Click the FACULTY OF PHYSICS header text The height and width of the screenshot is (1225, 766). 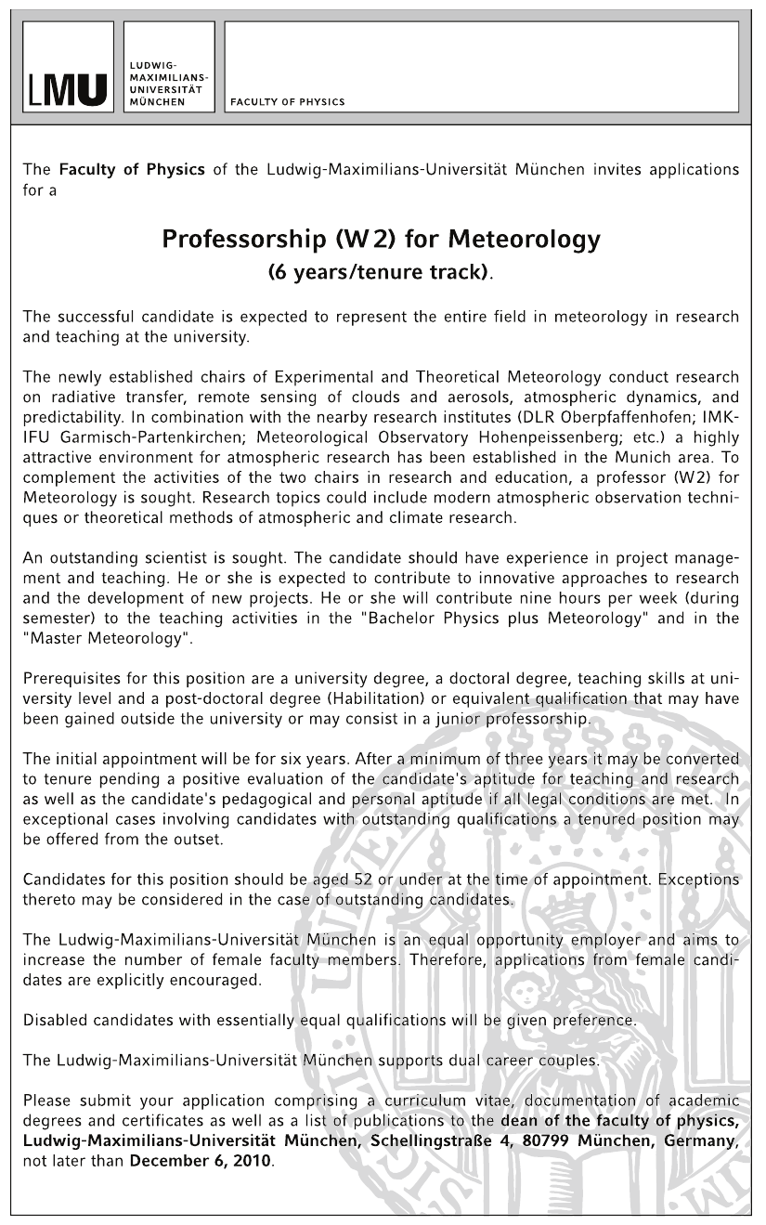(x=287, y=103)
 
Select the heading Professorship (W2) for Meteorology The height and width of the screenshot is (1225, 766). (x=381, y=239)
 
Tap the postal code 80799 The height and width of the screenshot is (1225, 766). (x=551, y=1142)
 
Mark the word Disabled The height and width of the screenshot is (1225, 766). (x=57, y=1019)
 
